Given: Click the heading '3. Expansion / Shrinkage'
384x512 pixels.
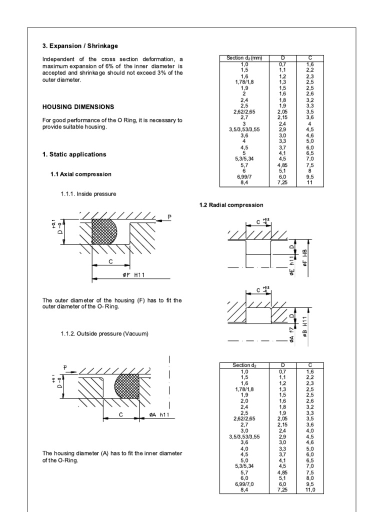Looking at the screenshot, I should [x=80, y=46].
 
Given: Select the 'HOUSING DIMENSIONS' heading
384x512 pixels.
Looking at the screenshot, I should [x=78, y=107].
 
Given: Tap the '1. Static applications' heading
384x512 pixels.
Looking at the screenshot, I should [x=74, y=155].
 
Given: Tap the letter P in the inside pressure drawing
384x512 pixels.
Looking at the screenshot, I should [x=169, y=217].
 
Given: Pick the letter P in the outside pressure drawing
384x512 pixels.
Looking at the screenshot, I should [x=64, y=367].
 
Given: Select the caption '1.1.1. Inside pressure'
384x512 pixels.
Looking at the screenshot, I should [x=88, y=193].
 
